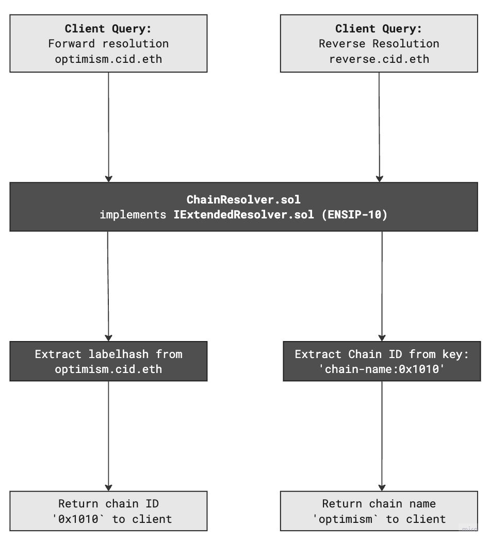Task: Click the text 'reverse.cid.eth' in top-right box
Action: coord(379,59)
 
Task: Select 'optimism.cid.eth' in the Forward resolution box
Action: coord(108,59)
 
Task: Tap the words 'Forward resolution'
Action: coord(108,43)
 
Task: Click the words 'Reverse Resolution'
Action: coord(379,43)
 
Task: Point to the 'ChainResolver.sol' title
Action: coord(243,199)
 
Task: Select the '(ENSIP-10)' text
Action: coord(354,215)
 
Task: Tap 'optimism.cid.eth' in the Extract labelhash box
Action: coord(108,369)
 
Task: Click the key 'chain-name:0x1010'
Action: coord(382,369)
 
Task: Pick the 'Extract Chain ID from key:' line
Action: coord(382,354)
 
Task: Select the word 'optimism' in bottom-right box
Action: coord(341,519)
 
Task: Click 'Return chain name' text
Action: coord(379,504)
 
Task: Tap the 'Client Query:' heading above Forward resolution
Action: coord(108,28)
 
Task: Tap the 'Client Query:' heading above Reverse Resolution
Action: coord(379,28)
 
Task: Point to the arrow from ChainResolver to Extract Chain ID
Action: coord(382,286)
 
